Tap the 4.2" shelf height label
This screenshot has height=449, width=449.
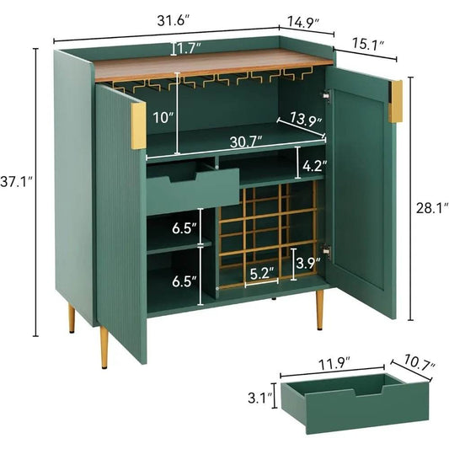(x=312, y=166)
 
